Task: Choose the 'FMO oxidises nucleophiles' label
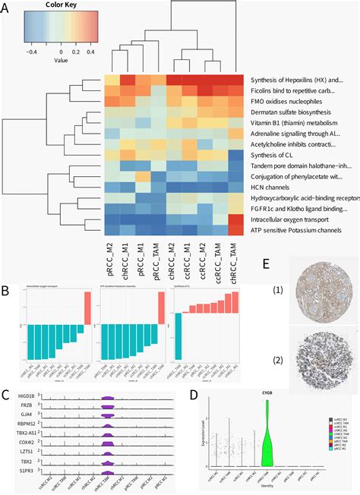pyautogui.click(x=292, y=101)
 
